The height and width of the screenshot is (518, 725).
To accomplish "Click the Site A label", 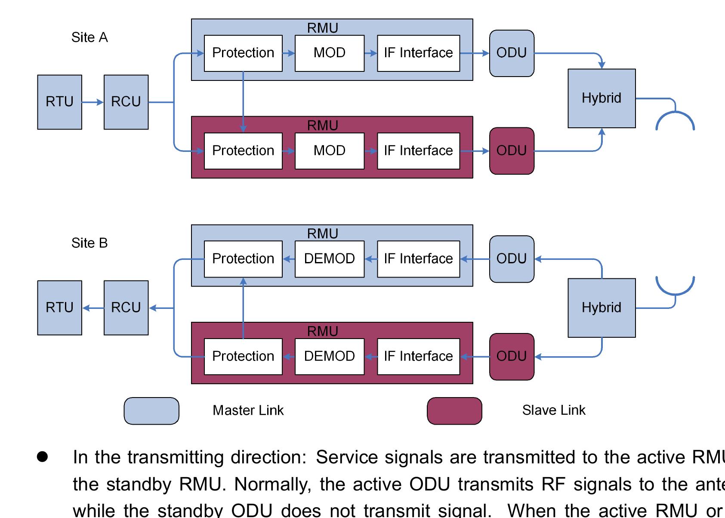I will coord(89,37).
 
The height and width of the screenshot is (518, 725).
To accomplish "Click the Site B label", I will coord(89,243).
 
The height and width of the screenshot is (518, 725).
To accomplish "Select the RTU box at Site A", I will coord(59,102).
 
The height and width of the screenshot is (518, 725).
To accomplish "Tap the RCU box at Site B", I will coord(126,308).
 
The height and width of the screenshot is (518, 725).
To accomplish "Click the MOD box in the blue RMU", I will coord(330,53).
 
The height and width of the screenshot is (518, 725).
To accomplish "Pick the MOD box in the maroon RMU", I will coord(330,151).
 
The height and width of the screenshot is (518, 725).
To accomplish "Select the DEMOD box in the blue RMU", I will coord(330,259).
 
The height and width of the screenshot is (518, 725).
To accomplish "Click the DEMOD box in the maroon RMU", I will coord(330,356).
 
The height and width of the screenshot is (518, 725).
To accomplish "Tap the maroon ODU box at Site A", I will coord(512,151).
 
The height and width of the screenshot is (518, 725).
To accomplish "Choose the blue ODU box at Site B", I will coord(512,259).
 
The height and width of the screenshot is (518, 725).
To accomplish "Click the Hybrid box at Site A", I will coord(602,98).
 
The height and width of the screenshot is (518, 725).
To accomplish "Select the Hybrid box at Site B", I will coord(602,308).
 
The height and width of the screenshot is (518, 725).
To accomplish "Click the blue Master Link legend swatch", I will coord(151,411).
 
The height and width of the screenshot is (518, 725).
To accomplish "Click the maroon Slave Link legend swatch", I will coord(454,411).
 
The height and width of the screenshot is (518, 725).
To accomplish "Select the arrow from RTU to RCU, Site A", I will coord(93,102).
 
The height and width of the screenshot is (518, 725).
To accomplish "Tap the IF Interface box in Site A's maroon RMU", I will coord(418,151).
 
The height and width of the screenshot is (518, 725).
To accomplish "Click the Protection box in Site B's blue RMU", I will coord(243,259).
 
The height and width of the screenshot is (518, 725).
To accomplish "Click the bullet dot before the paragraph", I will coord(42,457).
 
